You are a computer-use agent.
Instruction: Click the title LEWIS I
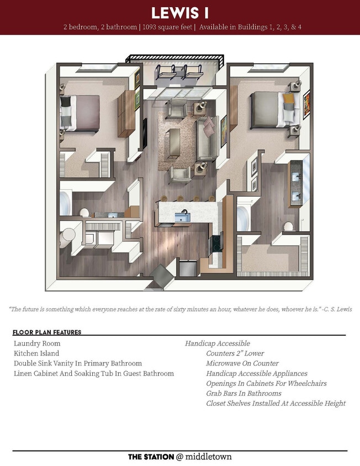(x=180, y=13)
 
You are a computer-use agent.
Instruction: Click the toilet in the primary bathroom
(x=287, y=227)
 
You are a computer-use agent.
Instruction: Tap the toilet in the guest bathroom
(x=84, y=213)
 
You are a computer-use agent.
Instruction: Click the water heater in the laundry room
(x=67, y=234)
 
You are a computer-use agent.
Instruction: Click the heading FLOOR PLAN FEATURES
(x=47, y=332)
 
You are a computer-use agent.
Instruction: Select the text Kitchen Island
(x=36, y=353)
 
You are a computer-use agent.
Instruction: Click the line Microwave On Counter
(x=242, y=363)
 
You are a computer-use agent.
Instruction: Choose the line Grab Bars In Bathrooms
(x=243, y=393)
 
